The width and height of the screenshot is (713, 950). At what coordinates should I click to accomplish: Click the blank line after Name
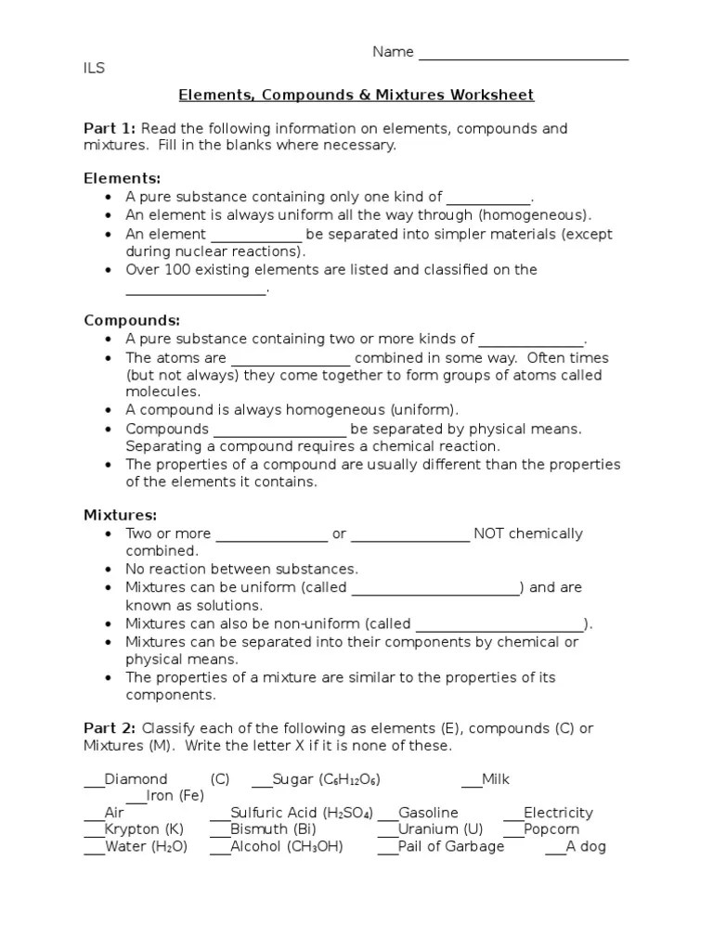point(524,54)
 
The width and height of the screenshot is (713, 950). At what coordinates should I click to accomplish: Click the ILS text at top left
point(94,69)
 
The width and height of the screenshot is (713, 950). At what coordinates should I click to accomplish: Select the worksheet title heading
point(356,96)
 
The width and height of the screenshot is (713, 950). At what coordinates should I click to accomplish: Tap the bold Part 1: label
point(110,128)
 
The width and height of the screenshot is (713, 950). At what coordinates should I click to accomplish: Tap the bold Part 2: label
point(110,728)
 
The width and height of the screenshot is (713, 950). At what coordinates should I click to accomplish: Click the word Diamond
point(136,779)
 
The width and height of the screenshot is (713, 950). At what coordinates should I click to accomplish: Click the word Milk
point(496,779)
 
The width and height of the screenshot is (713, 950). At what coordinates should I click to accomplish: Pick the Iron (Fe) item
point(175,796)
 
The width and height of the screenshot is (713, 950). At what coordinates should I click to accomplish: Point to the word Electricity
point(558,813)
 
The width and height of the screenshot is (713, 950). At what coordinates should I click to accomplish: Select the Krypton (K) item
point(144,829)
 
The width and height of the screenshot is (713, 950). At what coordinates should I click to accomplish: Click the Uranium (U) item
point(440,829)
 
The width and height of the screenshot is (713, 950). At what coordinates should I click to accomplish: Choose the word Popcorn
point(551,829)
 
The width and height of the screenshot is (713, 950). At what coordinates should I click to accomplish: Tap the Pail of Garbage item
point(451,846)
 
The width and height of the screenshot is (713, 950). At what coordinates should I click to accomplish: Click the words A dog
point(586,846)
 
